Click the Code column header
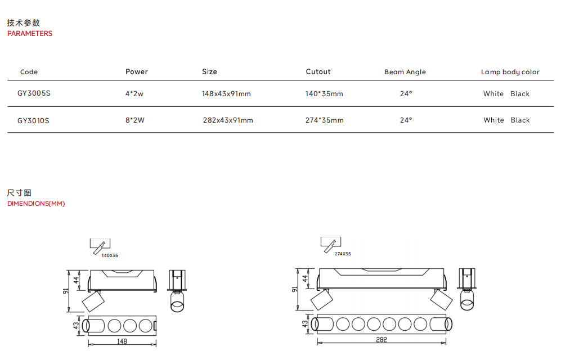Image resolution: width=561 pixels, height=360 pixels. point(29,72)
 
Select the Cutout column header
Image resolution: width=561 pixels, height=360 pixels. point(318,72)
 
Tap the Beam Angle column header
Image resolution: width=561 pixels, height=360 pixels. point(405,72)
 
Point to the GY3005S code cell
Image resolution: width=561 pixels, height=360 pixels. point(34,93)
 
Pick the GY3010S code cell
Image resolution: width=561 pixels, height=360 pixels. point(33,120)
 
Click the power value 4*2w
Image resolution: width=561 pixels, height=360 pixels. point(134,94)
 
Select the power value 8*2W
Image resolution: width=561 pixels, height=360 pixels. point(135,120)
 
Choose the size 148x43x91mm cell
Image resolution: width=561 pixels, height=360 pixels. point(226,94)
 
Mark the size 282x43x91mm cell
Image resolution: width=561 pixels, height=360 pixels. point(228,120)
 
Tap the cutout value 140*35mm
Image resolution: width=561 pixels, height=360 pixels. point(324,94)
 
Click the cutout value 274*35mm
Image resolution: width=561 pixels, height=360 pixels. point(324,120)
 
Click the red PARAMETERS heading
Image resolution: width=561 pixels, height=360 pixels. point(30,34)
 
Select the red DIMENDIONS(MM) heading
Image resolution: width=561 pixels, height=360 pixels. point(36,204)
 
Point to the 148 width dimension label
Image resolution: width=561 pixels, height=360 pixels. point(122,341)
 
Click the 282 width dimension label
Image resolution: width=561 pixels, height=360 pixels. point(381,340)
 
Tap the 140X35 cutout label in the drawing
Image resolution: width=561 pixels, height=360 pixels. point(110,255)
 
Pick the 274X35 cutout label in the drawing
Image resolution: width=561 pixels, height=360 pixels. point(342,254)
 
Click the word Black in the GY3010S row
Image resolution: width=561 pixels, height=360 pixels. point(520,120)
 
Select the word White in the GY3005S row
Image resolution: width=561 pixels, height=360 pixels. point(493,94)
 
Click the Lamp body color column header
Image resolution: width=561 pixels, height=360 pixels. point(510,72)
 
